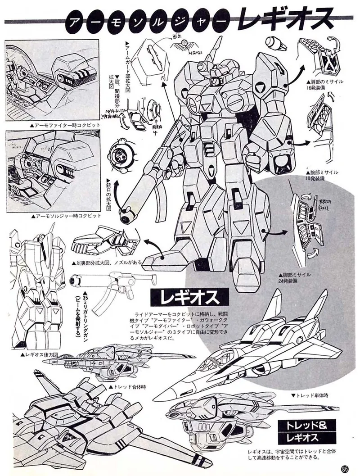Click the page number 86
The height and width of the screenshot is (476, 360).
(x=345, y=467)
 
